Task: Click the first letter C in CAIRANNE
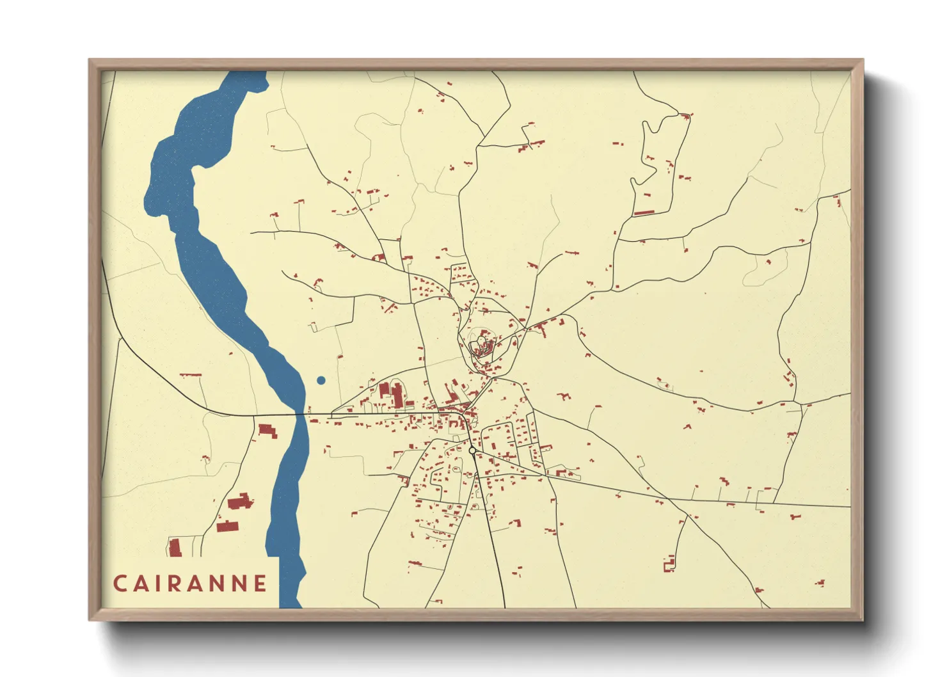tap(120, 584)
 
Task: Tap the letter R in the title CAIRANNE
tap(177, 584)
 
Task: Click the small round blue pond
tap(321, 380)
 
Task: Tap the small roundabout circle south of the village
tap(472, 451)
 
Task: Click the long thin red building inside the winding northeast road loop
tap(643, 212)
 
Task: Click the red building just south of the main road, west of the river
tap(267, 431)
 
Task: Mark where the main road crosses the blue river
tap(301, 415)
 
